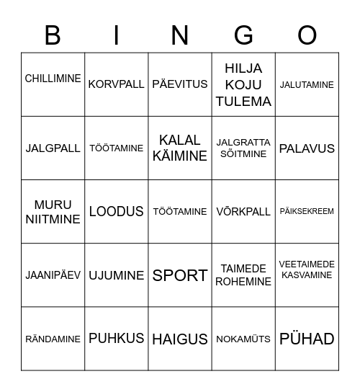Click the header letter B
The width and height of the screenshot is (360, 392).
53,35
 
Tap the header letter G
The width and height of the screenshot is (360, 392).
243,35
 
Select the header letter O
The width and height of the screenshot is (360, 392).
307,35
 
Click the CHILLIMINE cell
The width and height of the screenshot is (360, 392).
53,79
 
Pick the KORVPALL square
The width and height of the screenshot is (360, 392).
116,84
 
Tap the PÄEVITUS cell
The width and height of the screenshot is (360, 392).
180,84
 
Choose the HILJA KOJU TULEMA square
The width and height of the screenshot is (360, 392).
243,84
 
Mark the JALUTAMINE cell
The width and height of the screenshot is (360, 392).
307,84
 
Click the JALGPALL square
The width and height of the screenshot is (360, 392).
53,148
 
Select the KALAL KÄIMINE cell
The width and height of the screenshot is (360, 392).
180,148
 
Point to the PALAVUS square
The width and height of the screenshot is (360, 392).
307,148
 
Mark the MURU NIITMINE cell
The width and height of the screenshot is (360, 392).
53,212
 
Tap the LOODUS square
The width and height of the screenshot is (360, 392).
116,212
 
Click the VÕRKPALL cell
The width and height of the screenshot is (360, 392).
243,212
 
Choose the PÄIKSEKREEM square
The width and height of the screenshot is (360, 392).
307,212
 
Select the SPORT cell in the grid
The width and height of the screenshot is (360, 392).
180,275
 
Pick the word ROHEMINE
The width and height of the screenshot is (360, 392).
243,282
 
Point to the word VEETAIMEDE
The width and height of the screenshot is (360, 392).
307,264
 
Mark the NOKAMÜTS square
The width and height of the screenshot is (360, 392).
243,339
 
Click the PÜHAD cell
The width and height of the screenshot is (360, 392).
307,339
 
